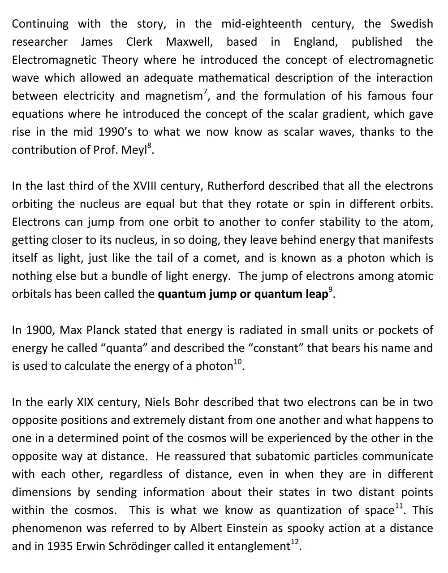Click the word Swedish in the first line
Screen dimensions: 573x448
[x=411, y=24]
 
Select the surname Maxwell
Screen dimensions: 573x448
[x=189, y=42]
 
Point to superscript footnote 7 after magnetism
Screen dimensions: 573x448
[x=205, y=92]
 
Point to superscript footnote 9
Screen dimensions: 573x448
[x=331, y=291]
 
